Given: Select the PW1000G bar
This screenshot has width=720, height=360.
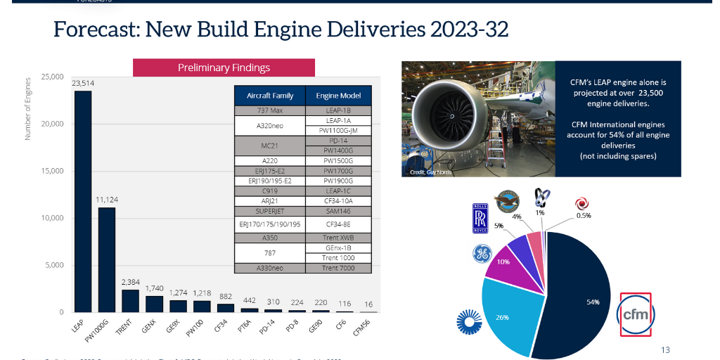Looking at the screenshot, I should coord(107,259).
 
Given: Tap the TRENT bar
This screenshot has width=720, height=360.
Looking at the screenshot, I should coord(130,300).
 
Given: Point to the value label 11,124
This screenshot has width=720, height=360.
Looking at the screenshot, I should coord(107,200).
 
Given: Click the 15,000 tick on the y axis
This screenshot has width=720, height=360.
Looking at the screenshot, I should coord(52,171).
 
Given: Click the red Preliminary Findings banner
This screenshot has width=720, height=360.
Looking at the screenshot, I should coord(224,67).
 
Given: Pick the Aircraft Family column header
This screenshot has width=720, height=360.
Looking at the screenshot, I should coord(270,96).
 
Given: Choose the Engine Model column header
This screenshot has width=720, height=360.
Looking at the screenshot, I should coord(338,96).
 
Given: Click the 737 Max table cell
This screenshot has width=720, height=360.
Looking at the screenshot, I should coord(270,111).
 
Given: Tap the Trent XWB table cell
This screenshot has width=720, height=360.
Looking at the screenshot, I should coord(338,238).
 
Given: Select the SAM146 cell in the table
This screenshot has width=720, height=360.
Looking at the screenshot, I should coord(338,210).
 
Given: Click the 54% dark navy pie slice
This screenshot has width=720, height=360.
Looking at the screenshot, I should coord(577,295).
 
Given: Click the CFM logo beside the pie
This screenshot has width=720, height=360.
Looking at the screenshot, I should coord(636,315).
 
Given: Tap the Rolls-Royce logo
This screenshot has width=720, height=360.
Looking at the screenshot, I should coord(480,218).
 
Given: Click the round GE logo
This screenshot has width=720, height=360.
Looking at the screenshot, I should coord(482,254).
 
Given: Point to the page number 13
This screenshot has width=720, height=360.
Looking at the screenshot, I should coord(665,349).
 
